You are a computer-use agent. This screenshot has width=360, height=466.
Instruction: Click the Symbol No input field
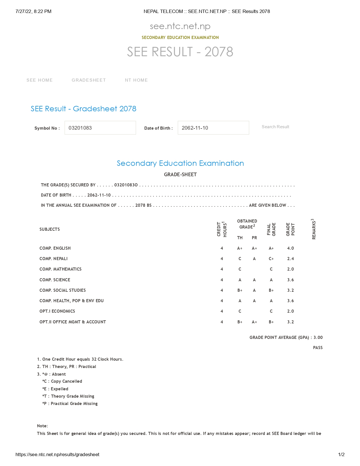click(x=100, y=128)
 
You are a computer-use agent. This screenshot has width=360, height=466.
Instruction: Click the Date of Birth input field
click(x=213, y=128)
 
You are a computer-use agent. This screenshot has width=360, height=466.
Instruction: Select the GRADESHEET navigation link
click(x=89, y=80)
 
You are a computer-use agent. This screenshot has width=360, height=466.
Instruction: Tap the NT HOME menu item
click(x=136, y=80)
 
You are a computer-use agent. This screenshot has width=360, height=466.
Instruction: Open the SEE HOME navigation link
click(x=40, y=80)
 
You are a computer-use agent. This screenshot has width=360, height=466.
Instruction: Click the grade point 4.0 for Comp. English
click(x=290, y=248)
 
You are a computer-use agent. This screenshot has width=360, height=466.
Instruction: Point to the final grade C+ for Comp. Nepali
click(x=271, y=259)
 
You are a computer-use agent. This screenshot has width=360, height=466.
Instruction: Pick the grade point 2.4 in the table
click(x=290, y=259)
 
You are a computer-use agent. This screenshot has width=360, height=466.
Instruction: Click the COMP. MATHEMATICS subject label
click(x=60, y=269)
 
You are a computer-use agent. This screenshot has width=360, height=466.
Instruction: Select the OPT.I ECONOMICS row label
click(x=57, y=311)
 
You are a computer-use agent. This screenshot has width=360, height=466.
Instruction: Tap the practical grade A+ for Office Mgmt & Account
click(x=254, y=322)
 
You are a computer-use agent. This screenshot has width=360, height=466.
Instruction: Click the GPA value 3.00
click(x=318, y=337)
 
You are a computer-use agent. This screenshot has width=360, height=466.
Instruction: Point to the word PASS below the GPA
click(x=318, y=348)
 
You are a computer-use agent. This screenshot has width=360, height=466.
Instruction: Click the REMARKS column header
click(x=313, y=229)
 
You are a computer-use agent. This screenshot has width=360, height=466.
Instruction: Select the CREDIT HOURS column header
click(x=222, y=229)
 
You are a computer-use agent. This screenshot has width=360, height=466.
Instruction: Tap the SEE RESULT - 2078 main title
click(x=180, y=52)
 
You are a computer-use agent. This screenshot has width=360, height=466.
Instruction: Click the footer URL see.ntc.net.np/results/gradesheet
click(x=57, y=454)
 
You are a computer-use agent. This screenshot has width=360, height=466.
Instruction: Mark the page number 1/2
click(x=341, y=454)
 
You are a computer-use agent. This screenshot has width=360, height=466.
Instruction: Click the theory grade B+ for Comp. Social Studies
click(x=240, y=290)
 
